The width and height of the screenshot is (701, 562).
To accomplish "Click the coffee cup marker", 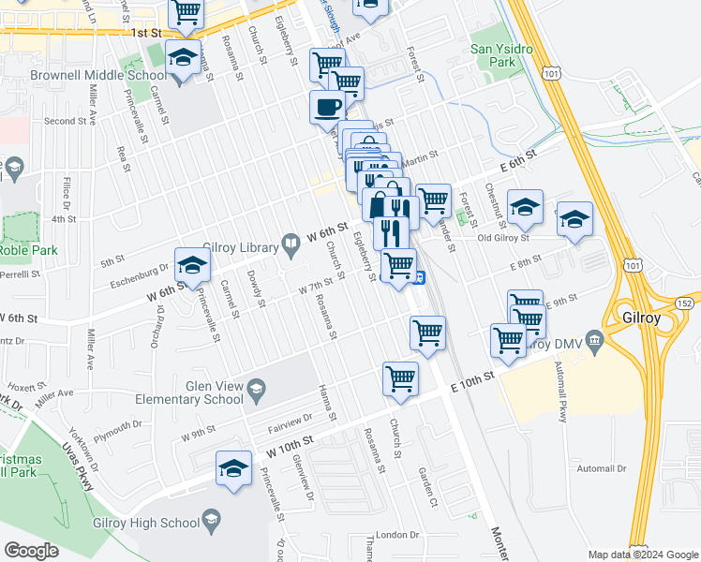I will click(327, 109).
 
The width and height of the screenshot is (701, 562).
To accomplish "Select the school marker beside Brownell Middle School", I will click(183, 58).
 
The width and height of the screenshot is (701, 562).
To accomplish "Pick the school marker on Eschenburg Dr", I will click(192, 267).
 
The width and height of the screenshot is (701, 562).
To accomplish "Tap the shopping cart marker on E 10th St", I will click(400, 379).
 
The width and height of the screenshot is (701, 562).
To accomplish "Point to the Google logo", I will click(31, 551).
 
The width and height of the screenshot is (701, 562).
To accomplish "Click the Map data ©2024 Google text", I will click(644, 554).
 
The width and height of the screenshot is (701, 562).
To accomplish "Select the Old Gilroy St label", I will click(510, 237).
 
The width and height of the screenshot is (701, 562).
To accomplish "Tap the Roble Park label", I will click(28, 250).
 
